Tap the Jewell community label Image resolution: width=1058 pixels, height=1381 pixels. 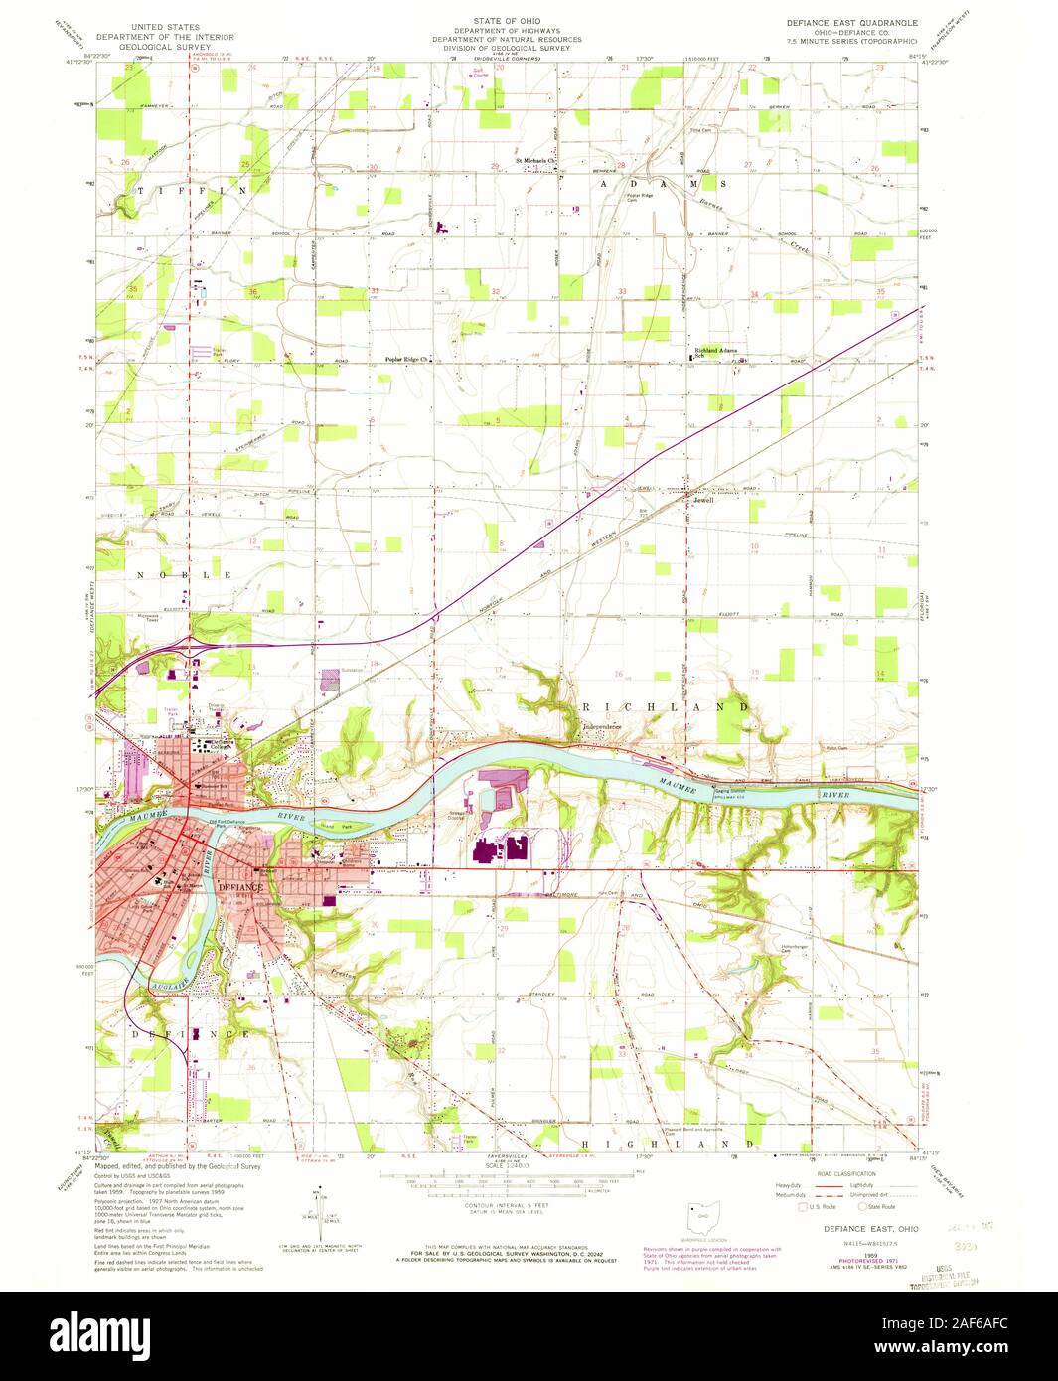[x=703, y=500]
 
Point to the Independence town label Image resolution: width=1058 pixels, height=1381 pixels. [x=600, y=726]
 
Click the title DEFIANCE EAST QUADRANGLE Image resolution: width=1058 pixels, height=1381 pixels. [x=852, y=21]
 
